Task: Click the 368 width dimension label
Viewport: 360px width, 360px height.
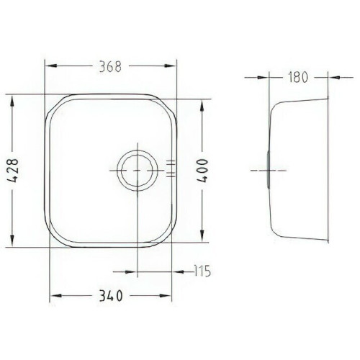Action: pyautogui.click(x=110, y=67)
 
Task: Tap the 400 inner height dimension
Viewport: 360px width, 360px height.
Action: pyautogui.click(x=202, y=171)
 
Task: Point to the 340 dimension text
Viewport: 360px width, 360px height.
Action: pyautogui.click(x=111, y=296)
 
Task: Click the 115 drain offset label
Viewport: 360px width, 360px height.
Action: pyautogui.click(x=202, y=271)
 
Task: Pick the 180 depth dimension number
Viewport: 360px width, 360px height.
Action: pyautogui.click(x=298, y=77)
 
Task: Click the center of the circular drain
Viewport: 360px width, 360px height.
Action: pyautogui.click(x=138, y=171)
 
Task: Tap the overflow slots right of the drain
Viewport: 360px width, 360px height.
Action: pyautogui.click(x=171, y=168)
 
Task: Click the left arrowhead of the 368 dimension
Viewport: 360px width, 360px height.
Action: pyautogui.click(x=51, y=66)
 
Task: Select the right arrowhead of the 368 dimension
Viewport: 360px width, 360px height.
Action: pyautogui.click(x=170, y=66)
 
